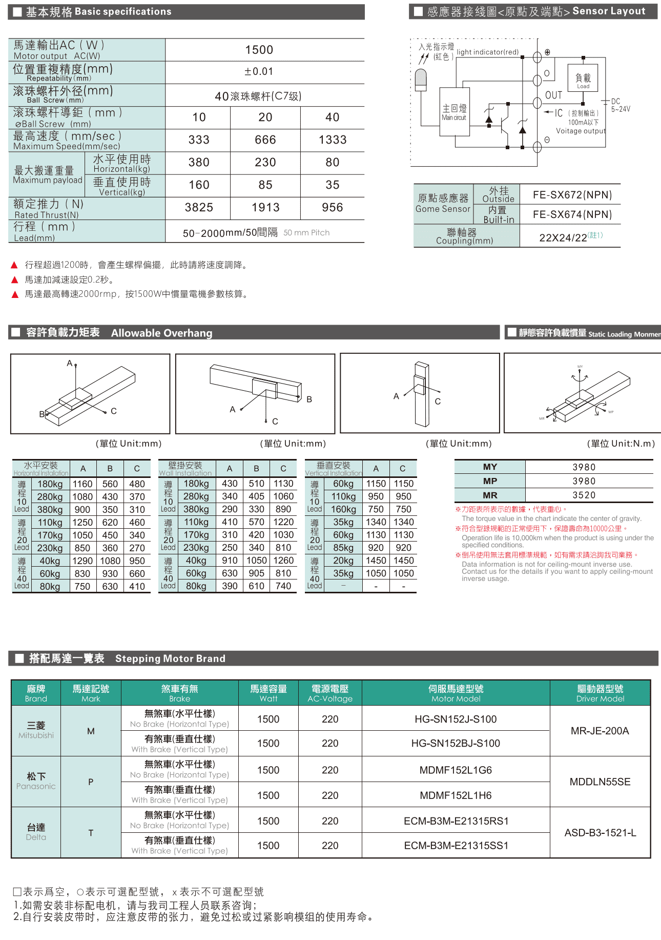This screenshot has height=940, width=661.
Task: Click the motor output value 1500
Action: pos(259,50)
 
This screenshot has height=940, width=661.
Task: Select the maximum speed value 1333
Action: pos(332,139)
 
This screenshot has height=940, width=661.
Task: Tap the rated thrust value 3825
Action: pos(199,207)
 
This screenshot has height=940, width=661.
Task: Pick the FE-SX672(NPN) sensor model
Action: pos(572,195)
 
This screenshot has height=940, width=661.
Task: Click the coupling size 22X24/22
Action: pos(563,237)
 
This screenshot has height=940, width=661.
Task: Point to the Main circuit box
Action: pos(455,112)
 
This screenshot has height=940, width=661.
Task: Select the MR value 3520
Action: pos(584,495)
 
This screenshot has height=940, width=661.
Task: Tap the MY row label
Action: pos(490,467)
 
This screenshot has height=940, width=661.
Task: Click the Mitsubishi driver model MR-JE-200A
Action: pos(600,731)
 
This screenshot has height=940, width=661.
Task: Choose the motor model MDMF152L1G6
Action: pos(456,770)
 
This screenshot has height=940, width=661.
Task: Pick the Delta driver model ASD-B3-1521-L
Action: pos(600,832)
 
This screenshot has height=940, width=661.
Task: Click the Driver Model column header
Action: pos(600,693)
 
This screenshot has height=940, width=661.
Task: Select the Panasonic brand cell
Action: pos(36,781)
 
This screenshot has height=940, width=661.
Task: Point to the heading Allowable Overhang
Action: pos(161,333)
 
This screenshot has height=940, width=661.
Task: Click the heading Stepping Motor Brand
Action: pos(170,658)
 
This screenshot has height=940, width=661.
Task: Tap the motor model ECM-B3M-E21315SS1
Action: pos(456,845)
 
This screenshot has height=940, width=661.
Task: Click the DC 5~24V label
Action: pos(620,105)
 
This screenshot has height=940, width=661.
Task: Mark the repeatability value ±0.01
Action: pos(259,71)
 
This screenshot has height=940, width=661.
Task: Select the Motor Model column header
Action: pos(456,693)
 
